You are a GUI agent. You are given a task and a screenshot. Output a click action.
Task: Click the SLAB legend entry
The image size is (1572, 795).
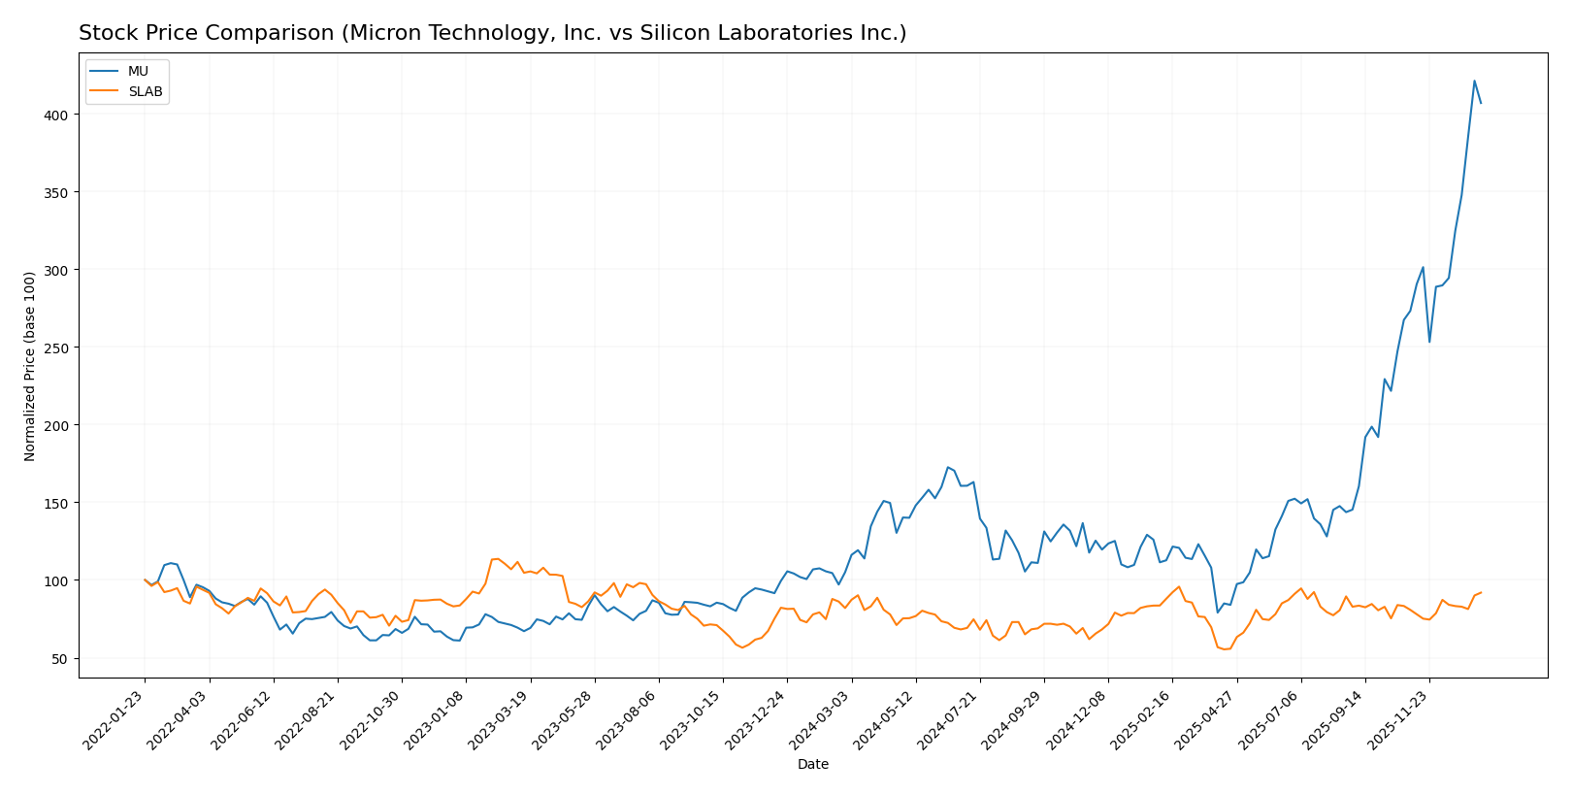(x=145, y=92)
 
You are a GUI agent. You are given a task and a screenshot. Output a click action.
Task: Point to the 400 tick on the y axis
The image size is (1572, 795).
(x=58, y=115)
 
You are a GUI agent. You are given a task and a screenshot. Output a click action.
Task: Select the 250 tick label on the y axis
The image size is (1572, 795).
(x=58, y=348)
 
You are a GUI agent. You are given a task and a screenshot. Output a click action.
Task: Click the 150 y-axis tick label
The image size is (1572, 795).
(x=58, y=503)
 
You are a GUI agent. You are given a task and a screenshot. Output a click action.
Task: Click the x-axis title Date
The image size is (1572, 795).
(x=812, y=765)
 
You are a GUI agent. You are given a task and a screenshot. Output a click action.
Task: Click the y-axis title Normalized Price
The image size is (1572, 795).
(x=30, y=366)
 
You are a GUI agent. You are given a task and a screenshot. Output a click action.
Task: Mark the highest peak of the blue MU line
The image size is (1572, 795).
(x=1474, y=81)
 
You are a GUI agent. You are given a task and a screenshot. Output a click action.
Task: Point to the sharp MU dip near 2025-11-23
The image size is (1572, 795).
(x=1429, y=342)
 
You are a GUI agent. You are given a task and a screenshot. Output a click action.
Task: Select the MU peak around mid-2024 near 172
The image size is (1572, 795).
(x=948, y=467)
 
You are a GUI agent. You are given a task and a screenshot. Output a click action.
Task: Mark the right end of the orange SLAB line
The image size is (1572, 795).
(x=1481, y=592)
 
